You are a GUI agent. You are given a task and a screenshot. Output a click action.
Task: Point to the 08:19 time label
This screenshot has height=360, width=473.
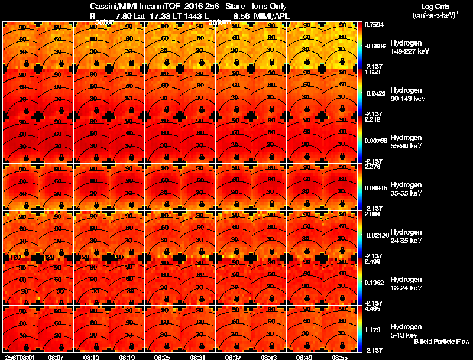click(x=127, y=356)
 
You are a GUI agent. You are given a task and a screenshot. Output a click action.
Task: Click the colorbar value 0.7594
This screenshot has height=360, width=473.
click(x=373, y=25)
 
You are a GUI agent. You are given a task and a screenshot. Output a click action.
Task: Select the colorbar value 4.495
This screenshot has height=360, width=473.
click(x=372, y=308)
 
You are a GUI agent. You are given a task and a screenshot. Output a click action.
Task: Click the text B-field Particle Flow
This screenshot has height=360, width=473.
click(x=441, y=342)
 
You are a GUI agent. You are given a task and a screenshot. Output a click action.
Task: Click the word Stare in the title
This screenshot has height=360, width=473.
click(x=235, y=7)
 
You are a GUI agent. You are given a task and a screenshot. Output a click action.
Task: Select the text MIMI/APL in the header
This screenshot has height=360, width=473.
click(x=267, y=16)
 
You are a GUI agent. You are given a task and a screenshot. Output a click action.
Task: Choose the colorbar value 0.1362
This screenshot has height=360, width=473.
click(x=373, y=283)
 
